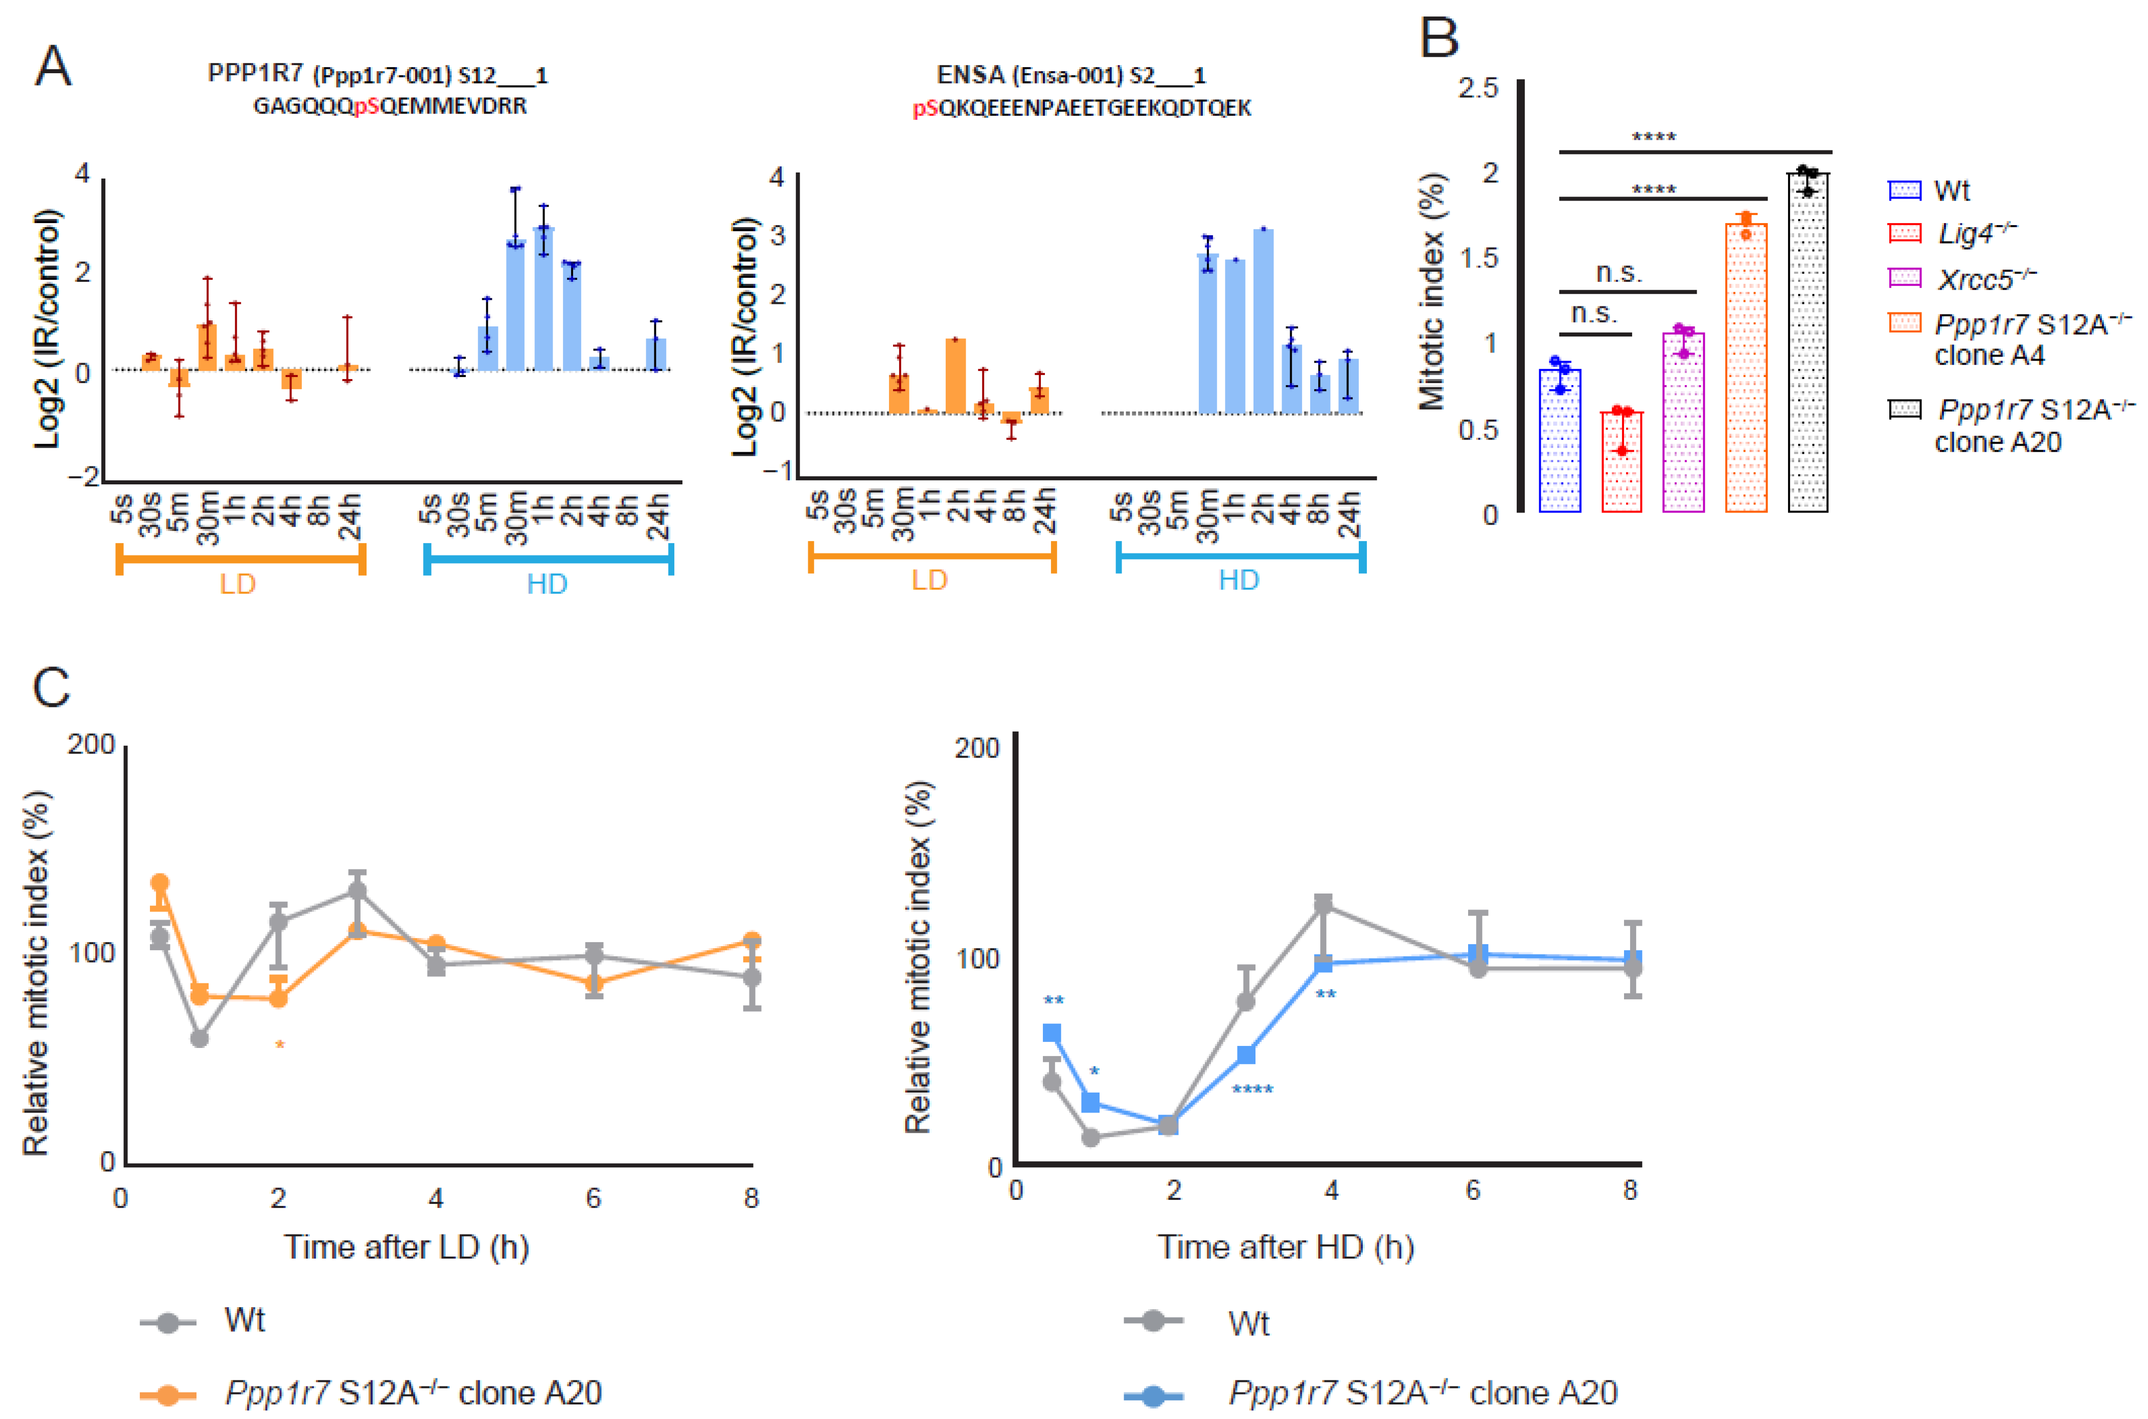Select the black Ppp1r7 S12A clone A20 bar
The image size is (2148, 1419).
[1807, 344]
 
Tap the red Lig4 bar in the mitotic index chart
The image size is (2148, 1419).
[1622, 461]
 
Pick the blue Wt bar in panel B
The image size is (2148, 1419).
[1560, 441]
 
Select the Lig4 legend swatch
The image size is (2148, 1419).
[1905, 234]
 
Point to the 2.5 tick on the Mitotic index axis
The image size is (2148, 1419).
[1479, 88]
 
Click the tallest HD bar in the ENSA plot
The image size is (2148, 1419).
[1263, 321]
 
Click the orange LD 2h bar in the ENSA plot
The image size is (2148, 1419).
[956, 376]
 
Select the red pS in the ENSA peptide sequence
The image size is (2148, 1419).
[925, 109]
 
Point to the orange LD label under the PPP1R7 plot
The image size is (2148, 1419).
[237, 584]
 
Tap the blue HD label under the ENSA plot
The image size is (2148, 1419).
[1238, 580]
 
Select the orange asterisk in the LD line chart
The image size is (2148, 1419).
[280, 1046]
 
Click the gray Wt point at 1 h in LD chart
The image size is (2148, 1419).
[199, 1038]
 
